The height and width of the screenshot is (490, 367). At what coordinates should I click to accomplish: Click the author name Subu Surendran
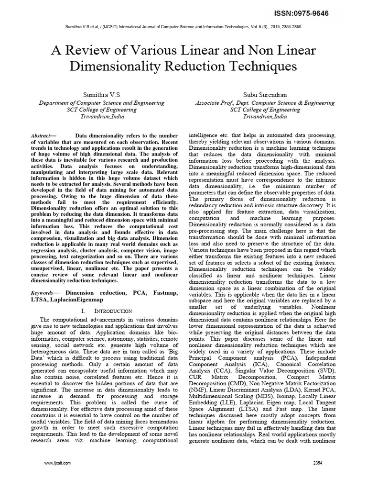pos(265,94)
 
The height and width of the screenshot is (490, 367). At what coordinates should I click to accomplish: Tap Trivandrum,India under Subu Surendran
pos(265,116)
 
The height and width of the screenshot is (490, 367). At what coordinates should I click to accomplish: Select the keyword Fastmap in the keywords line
pos(154,291)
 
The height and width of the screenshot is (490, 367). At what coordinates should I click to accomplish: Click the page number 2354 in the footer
pos(318,463)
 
